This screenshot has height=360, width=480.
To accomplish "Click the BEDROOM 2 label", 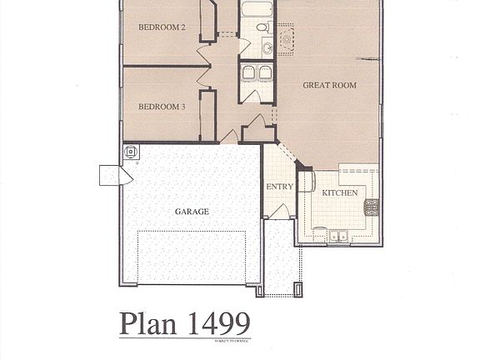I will pos(162,27).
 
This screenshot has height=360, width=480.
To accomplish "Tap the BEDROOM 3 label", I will pos(162,107).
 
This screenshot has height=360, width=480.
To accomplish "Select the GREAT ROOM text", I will pos(329,85).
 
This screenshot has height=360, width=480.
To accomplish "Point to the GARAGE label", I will pos(192,212).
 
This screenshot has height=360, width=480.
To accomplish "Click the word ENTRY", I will pos(279,187).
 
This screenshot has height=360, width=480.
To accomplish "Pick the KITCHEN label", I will pos(340,192).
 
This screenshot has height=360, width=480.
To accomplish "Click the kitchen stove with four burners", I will pos(371,207).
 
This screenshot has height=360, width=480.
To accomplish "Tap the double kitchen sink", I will pos(338,236).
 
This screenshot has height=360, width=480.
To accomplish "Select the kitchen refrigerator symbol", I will pos(306,182).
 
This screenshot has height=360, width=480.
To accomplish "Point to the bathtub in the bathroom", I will pos(256,10).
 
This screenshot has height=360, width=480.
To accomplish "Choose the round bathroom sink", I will pos(267,47).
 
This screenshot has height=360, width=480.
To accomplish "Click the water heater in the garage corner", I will pos(130,152).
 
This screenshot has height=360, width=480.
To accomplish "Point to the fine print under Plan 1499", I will pos(232,339).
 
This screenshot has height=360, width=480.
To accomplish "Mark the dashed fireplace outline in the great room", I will pos(286,38).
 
